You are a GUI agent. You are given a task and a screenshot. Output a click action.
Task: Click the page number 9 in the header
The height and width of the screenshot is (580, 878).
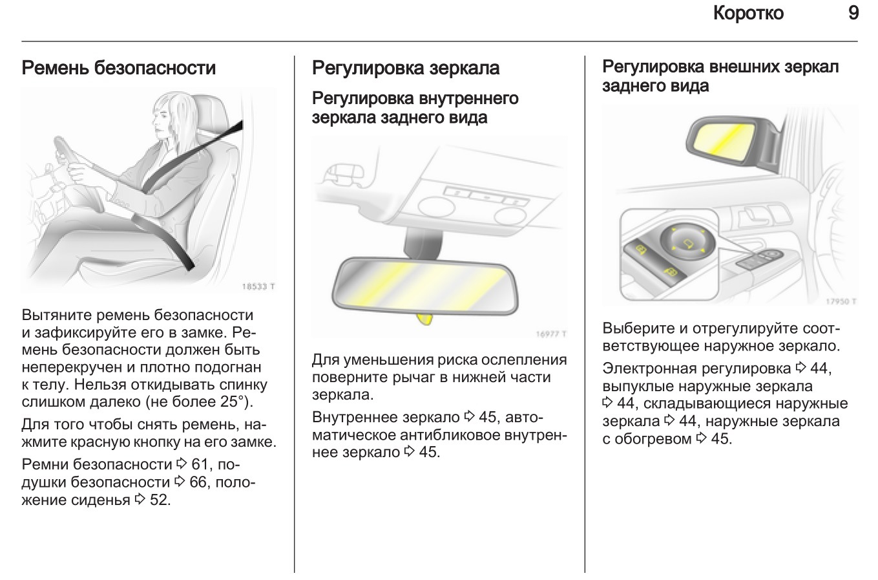(853, 14)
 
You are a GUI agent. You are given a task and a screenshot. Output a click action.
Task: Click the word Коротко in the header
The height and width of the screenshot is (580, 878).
(748, 14)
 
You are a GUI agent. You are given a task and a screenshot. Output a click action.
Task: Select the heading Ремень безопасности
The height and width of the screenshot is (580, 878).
(119, 68)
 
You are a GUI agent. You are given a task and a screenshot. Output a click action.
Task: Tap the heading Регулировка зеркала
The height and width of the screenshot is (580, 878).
(406, 68)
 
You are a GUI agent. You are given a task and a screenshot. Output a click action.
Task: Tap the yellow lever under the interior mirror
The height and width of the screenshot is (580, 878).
(424, 319)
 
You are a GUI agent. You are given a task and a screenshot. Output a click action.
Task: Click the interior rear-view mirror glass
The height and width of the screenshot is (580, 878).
(424, 286)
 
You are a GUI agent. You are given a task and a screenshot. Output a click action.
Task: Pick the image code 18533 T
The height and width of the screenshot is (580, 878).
(258, 286)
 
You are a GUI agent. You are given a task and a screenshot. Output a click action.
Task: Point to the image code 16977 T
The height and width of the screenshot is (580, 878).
(551, 334)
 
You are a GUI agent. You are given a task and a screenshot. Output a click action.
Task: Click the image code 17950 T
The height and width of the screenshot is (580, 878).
(841, 301)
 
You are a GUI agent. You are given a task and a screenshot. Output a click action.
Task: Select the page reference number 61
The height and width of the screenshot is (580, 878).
(200, 464)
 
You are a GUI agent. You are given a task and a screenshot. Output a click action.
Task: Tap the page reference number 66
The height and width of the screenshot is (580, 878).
(198, 482)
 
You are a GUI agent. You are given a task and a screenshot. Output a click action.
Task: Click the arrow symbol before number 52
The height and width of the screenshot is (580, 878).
(140, 499)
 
